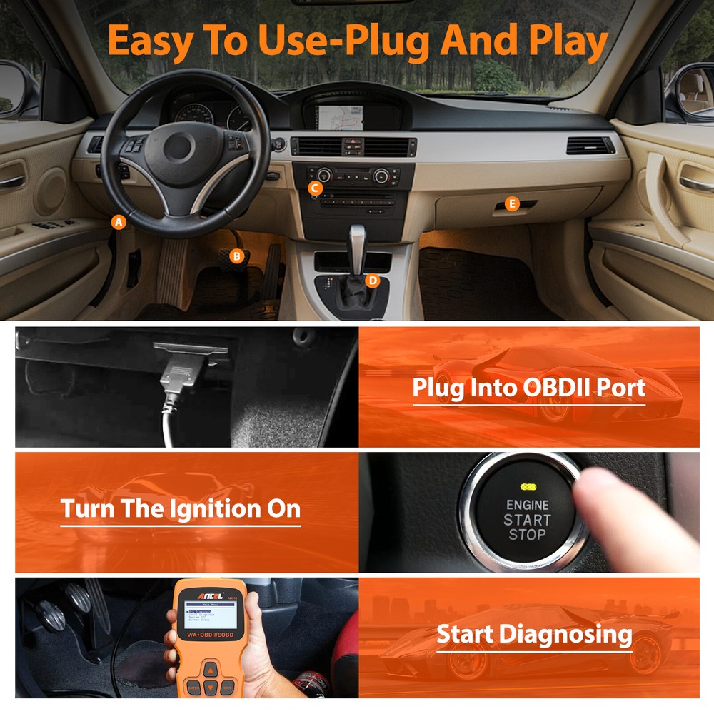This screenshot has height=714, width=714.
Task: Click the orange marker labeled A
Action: (x=119, y=222)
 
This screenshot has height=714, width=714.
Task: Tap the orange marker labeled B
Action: (x=238, y=255)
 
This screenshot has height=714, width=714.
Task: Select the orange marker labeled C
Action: (x=315, y=188)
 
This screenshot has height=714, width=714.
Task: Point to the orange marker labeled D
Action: (x=372, y=281)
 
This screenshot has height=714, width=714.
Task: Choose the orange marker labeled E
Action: (x=511, y=204)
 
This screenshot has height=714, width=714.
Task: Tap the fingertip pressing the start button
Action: (x=596, y=493)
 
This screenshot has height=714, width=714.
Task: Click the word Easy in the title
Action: (x=149, y=42)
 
